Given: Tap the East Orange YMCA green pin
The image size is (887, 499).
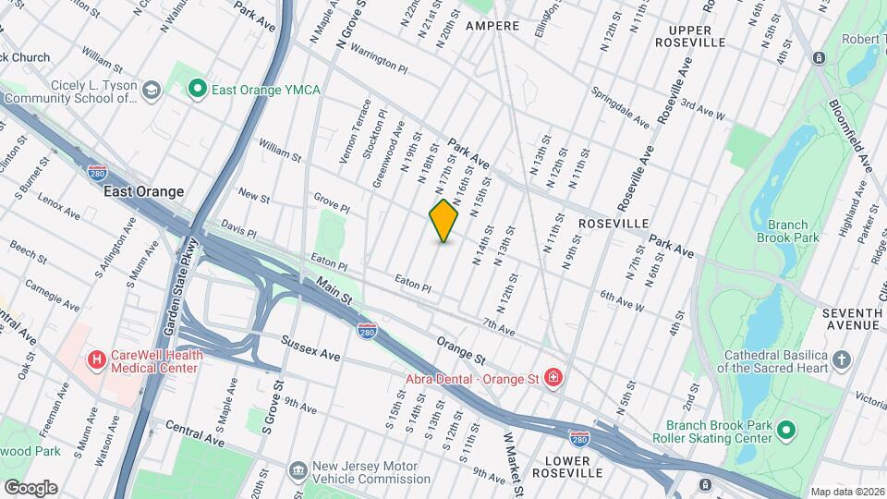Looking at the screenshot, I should tap(196, 89).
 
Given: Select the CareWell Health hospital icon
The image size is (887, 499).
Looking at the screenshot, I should tap(95, 359).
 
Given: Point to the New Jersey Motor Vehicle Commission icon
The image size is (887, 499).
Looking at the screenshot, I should tap(298, 471).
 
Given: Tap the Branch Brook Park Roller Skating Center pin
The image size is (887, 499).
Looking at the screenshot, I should tap(786, 431).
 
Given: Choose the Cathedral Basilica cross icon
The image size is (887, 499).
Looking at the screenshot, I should tap(841, 359).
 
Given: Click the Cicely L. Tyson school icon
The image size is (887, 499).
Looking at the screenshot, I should tap(152, 90).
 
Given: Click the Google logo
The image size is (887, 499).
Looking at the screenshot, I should tap(30, 487).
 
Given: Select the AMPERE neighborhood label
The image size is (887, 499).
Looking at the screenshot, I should tap(492, 26).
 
